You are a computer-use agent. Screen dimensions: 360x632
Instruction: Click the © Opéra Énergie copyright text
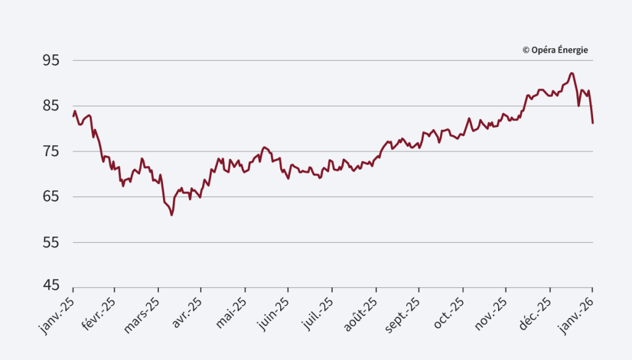pyautogui.click(x=555, y=50)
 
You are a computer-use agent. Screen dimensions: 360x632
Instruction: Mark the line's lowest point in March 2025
pyautogui.click(x=172, y=215)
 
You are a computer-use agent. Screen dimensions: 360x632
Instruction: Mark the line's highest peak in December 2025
pyautogui.click(x=572, y=73)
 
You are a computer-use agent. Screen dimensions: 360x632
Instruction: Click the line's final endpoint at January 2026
pyautogui.click(x=592, y=123)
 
